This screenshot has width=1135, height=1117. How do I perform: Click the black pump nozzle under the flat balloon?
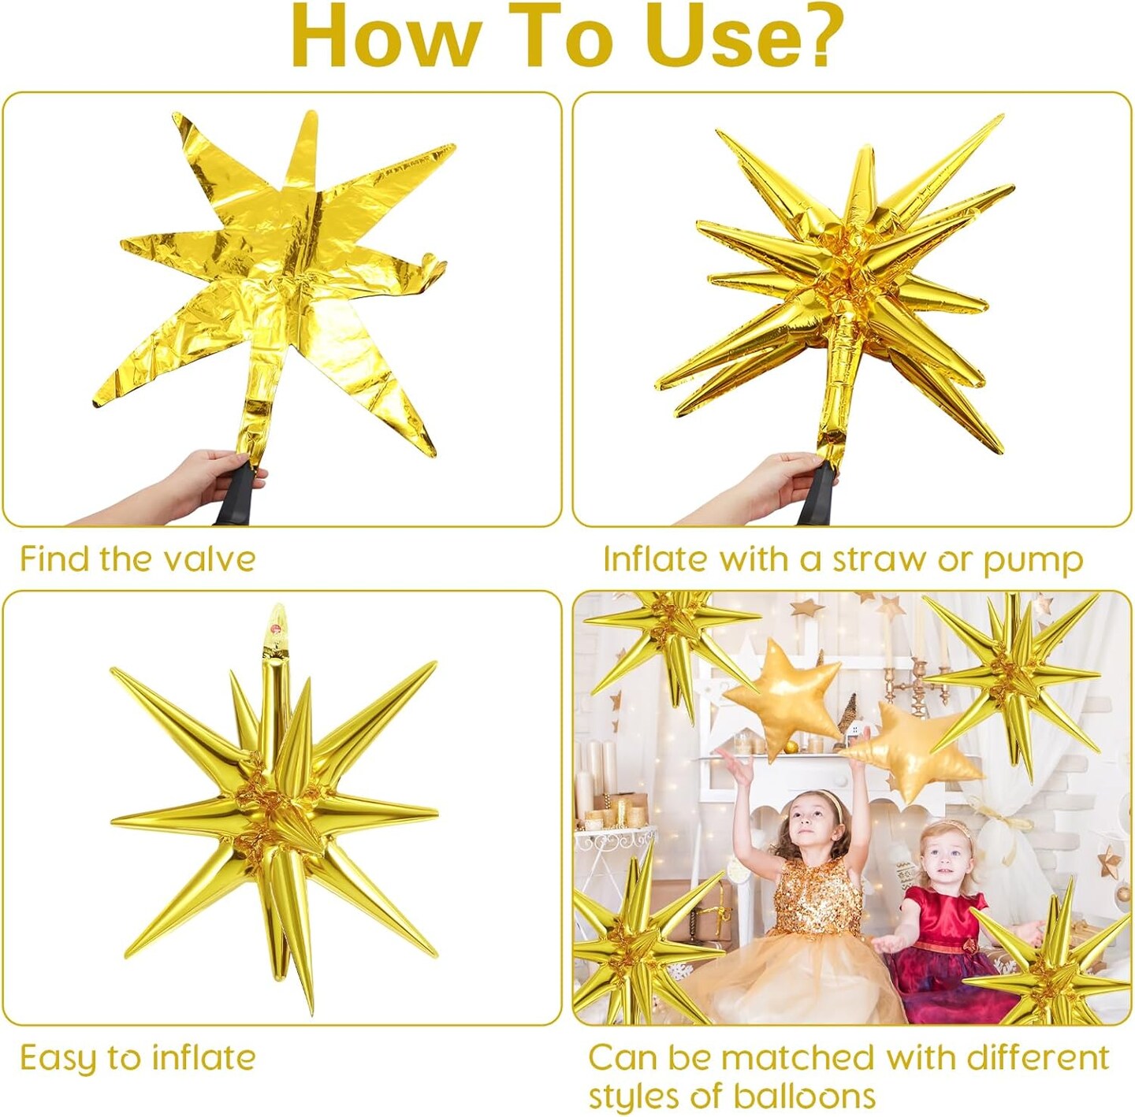tap(235, 496)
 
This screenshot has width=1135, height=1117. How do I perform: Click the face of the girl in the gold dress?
tap(812, 823)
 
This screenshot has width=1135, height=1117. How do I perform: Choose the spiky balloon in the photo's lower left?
tap(631, 945)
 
